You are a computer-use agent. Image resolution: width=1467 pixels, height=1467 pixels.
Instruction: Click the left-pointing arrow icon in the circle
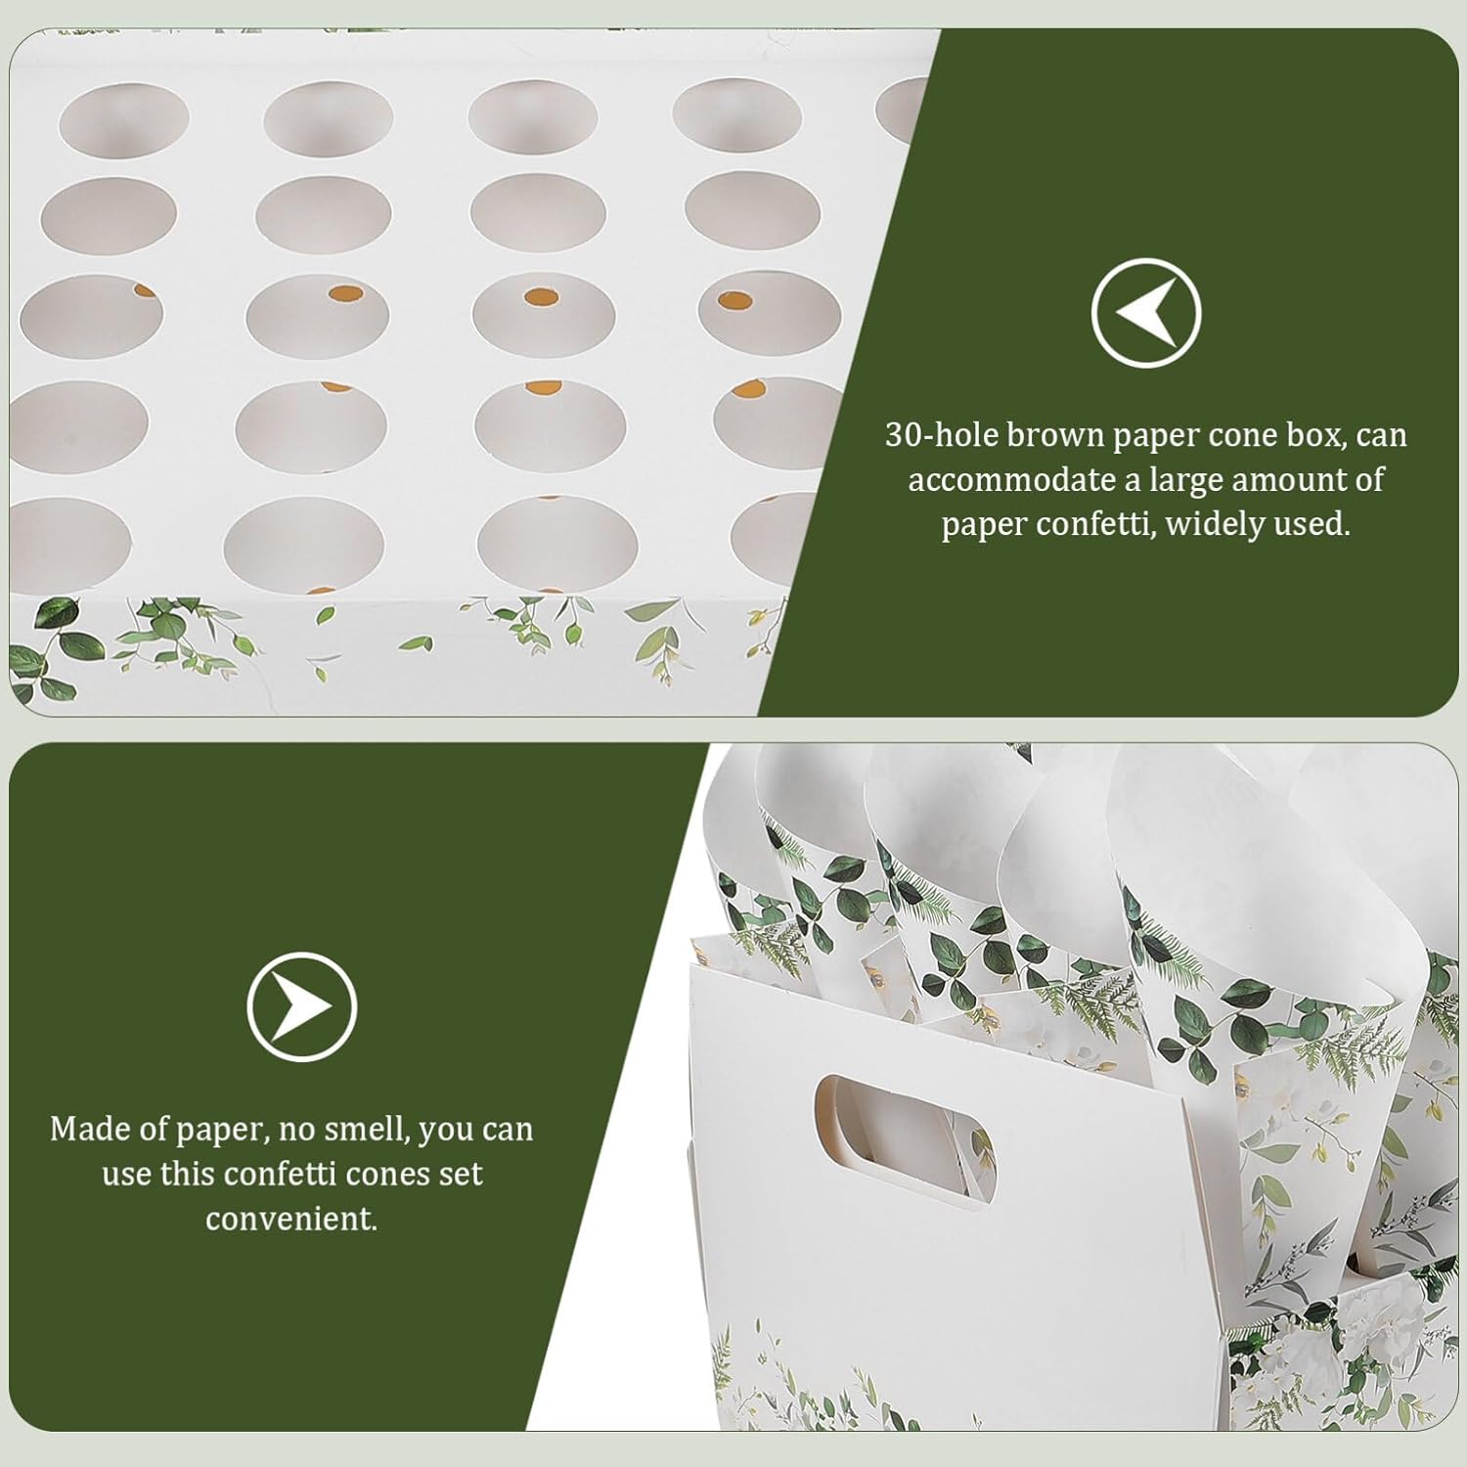click(1145, 313)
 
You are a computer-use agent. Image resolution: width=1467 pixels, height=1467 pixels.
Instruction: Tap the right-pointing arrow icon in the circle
click(301, 1006)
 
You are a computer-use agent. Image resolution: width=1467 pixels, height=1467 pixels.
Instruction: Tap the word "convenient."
click(291, 1219)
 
